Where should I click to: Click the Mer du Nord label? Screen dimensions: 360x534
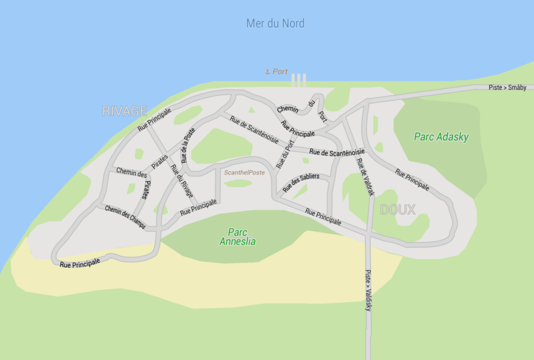tap(275, 24)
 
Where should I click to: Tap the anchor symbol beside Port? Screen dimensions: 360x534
tap(268, 71)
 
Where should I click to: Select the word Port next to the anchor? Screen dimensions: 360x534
tap(280, 71)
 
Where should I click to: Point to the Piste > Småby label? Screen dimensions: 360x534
tap(507, 87)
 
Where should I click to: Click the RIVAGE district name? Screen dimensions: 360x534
tap(125, 111)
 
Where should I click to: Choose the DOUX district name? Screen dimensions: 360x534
tap(398, 210)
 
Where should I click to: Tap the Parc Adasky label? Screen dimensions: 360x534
tap(441, 137)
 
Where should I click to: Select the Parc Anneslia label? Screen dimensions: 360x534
tap(238, 236)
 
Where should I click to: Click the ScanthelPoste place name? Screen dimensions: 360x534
tap(244, 172)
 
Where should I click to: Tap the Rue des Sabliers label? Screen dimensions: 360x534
tap(301, 182)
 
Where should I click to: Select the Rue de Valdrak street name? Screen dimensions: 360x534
tap(364, 178)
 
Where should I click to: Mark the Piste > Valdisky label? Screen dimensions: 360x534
tap(367, 290)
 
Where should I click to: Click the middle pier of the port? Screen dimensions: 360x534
tap(298, 80)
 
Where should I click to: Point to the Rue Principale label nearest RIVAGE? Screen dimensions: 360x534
tap(154, 118)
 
